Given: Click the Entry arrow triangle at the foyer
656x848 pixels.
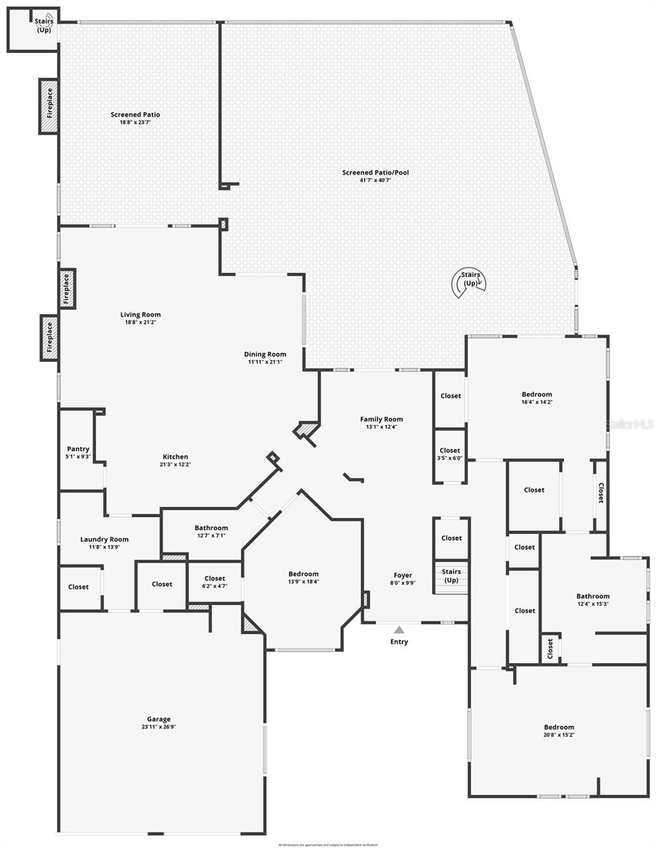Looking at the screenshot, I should [x=399, y=630].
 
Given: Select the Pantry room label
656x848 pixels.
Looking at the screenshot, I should [x=78, y=449].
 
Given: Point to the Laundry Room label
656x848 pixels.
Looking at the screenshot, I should [x=104, y=539].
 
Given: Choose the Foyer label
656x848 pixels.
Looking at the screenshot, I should [x=402, y=575].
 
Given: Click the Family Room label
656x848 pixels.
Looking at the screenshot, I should [x=381, y=419].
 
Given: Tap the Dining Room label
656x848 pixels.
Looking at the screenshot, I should [x=265, y=354].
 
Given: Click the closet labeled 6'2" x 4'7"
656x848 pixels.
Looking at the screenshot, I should [x=214, y=582].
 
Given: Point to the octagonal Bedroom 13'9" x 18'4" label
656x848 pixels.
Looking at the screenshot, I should [x=303, y=574].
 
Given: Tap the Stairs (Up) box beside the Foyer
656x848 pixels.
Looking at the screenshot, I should [x=451, y=575].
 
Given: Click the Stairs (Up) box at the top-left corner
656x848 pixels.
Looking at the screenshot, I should [x=44, y=26].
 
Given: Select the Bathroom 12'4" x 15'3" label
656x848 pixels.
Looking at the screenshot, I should [x=592, y=596].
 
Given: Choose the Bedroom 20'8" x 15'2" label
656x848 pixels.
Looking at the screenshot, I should [x=558, y=727].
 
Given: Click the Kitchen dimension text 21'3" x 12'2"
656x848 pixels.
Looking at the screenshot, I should [x=175, y=464].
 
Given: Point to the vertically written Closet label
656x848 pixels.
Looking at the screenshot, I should [x=601, y=493].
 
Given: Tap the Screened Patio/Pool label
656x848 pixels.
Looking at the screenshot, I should [x=375, y=172].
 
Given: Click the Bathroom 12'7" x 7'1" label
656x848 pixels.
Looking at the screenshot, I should [x=211, y=528].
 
